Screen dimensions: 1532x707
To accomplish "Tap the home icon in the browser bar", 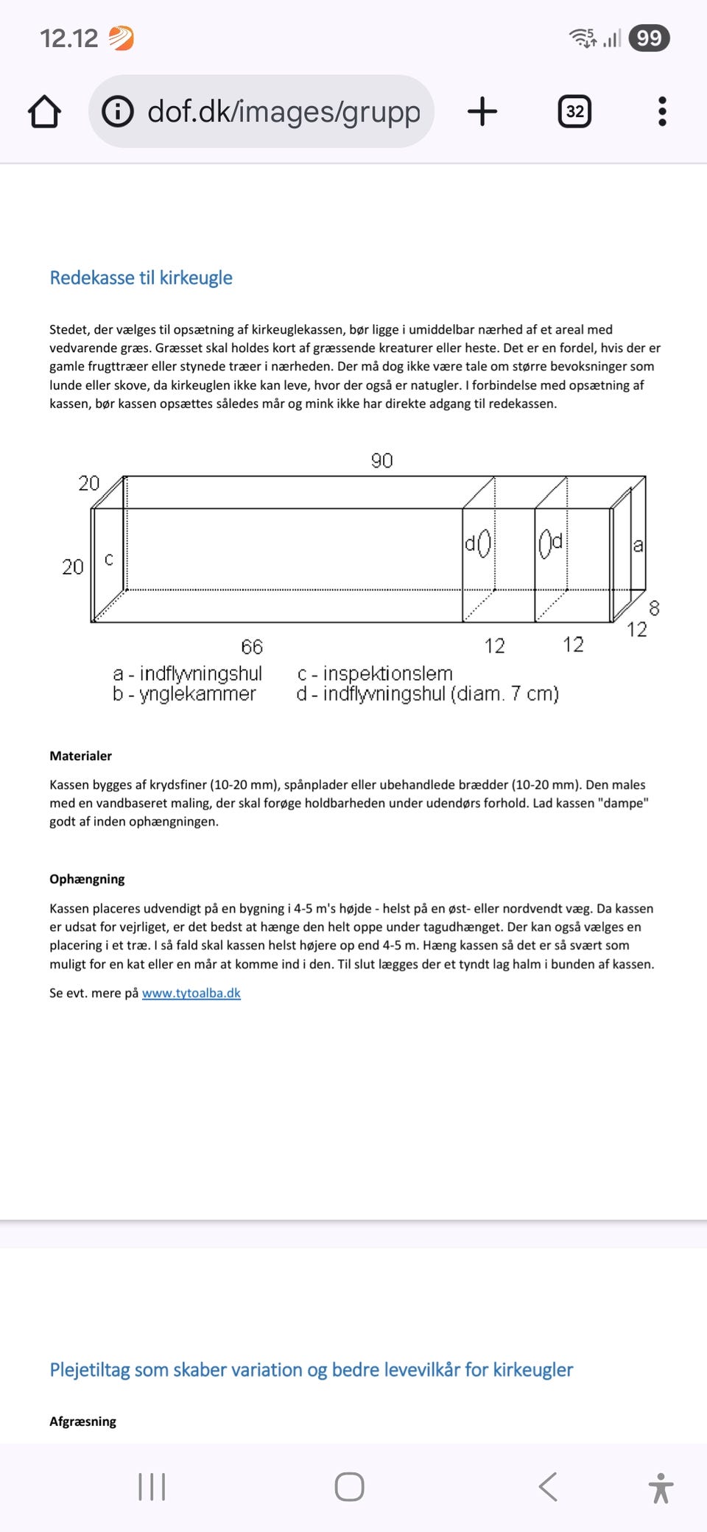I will pyautogui.click(x=44, y=112).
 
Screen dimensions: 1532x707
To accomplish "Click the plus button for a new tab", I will pyautogui.click(x=482, y=112).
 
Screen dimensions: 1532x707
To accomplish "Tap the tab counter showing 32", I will pyautogui.click(x=574, y=112).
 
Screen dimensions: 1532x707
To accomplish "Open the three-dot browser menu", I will pyautogui.click(x=662, y=112).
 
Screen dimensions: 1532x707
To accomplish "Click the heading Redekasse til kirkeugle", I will pyautogui.click(x=141, y=278).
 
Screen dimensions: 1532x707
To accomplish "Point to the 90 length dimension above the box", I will pyautogui.click(x=381, y=461).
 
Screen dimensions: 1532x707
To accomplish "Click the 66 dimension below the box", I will pyautogui.click(x=252, y=647).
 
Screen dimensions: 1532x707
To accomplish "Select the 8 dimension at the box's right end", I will pyautogui.click(x=654, y=608).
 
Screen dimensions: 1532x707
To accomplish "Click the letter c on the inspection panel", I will pyautogui.click(x=109, y=560).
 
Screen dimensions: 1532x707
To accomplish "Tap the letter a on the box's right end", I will pyautogui.click(x=638, y=546).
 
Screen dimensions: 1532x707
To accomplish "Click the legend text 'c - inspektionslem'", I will pyautogui.click(x=375, y=673).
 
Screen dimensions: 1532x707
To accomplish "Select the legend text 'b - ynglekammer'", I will pyautogui.click(x=184, y=694).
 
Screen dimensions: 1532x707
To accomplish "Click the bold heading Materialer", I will pyautogui.click(x=80, y=756).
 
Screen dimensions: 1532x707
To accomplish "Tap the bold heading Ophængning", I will pyautogui.click(x=87, y=879).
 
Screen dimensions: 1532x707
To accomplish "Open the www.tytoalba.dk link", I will pyautogui.click(x=191, y=993).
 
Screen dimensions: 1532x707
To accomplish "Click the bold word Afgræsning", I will pyautogui.click(x=82, y=1422).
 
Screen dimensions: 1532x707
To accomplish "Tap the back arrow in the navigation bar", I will pyautogui.click(x=548, y=1486).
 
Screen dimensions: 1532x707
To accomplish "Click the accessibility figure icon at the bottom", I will pyautogui.click(x=661, y=1487).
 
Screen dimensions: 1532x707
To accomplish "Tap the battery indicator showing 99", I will pyautogui.click(x=649, y=38).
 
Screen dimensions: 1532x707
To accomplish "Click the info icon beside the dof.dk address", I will pyautogui.click(x=118, y=112).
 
